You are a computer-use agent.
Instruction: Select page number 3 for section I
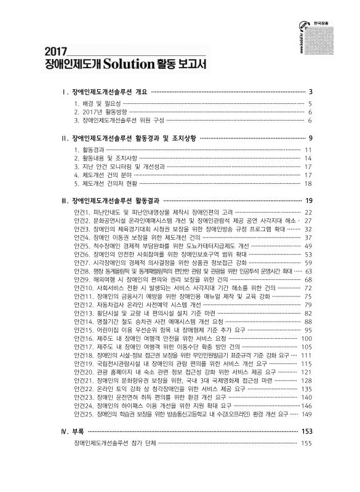coord(311,92)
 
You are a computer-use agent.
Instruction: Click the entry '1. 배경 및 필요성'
coord(97,104)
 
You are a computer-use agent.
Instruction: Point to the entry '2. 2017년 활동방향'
coord(100,112)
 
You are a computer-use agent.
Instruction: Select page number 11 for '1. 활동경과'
coord(310,149)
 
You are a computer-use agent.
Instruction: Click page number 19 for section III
coord(310,200)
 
